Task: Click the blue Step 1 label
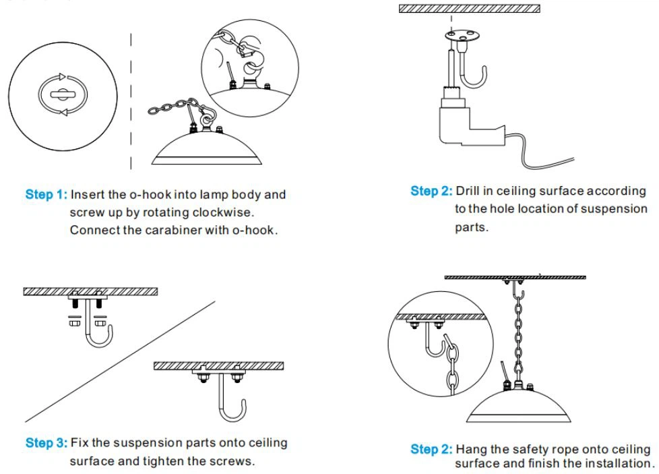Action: tap(46, 195)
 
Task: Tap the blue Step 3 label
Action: tap(46, 443)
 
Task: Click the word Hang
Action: tap(470, 449)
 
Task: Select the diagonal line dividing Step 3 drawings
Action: tap(121, 361)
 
